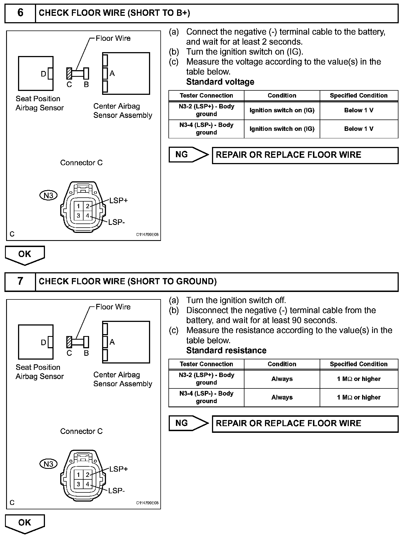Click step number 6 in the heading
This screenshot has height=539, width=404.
click(x=20, y=13)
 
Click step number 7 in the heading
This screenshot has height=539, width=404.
click(x=20, y=281)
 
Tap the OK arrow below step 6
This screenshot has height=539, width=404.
click(x=25, y=255)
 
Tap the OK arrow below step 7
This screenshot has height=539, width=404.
click(x=25, y=523)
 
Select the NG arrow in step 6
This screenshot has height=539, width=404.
click(x=188, y=155)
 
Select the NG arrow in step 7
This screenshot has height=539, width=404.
click(x=188, y=423)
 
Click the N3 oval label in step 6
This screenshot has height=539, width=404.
click(x=48, y=195)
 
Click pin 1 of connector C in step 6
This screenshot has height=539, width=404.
click(x=79, y=206)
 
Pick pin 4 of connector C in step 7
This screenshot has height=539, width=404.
click(x=88, y=484)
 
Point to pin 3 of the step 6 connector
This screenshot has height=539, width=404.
click(x=79, y=216)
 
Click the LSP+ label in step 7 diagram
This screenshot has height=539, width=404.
click(x=118, y=469)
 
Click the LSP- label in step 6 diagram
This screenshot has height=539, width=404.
click(x=116, y=222)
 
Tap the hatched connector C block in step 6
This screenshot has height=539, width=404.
click(x=69, y=73)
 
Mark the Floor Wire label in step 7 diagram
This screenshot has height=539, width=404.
click(x=113, y=307)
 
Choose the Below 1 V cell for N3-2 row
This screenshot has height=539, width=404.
click(x=358, y=110)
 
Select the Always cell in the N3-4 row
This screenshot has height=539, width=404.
click(x=282, y=397)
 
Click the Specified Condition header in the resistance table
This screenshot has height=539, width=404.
click(x=358, y=364)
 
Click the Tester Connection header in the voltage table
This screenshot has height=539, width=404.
click(x=206, y=96)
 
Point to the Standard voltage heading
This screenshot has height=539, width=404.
click(x=220, y=82)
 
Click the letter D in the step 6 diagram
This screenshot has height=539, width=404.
click(x=44, y=74)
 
